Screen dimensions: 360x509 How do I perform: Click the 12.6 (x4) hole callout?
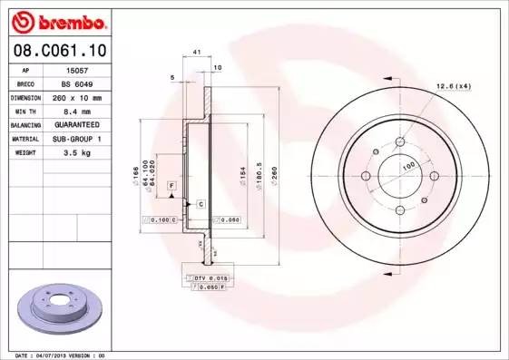pyautogui.click(x=454, y=85)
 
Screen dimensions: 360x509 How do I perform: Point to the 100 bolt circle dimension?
pyautogui.click(x=408, y=165)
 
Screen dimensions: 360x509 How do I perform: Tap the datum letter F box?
pyautogui.click(x=170, y=185)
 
